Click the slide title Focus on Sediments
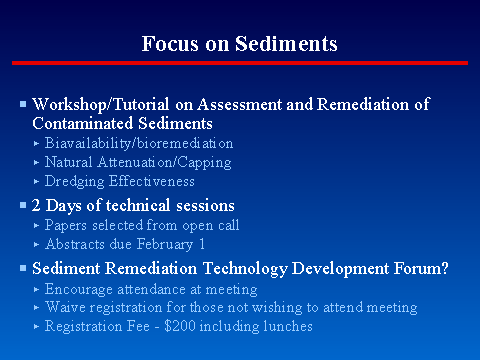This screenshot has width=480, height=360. pos(240,44)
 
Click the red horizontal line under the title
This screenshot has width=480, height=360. pos(240,63)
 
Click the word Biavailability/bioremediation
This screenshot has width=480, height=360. pos(139,144)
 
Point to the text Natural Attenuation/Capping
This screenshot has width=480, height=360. pos(138,162)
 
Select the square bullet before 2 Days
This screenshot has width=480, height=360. pos(24,205)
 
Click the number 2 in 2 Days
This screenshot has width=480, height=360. pos(38,205)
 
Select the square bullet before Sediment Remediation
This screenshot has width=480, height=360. pos(24,268)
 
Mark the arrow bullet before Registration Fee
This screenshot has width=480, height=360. pos(37,326)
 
